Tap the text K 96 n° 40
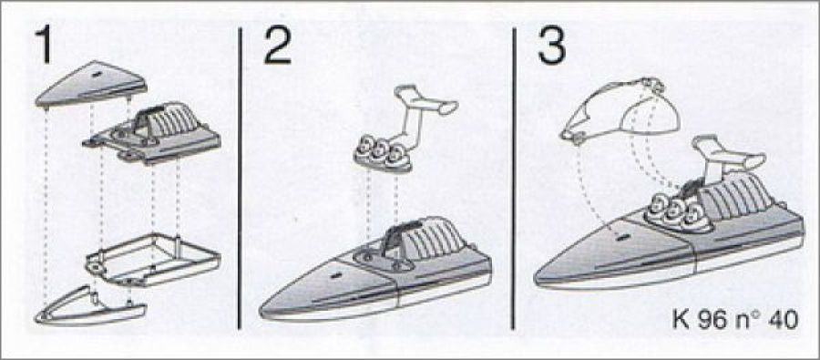click(x=735, y=320)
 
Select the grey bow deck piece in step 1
click(x=91, y=84)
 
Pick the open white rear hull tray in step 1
click(x=153, y=260)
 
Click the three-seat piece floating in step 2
click(x=383, y=157)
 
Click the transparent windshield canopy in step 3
click(x=620, y=111)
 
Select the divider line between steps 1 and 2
click(x=240, y=179)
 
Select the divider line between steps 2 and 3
click(x=513, y=179)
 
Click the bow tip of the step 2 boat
click(x=261, y=314)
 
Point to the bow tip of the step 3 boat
click(x=536, y=280)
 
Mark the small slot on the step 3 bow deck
click(x=622, y=238)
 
